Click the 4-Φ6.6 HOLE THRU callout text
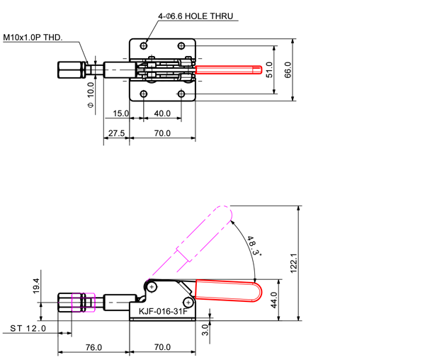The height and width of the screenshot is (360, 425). pyautogui.click(x=196, y=16)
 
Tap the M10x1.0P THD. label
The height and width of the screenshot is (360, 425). pyautogui.click(x=32, y=36)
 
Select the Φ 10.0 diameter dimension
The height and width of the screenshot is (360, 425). pyautogui.click(x=91, y=95)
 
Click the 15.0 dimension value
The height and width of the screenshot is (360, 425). pyautogui.click(x=120, y=113)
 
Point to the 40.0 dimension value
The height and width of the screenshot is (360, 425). pyautogui.click(x=162, y=113)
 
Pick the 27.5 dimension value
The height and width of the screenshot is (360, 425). pyautogui.click(x=117, y=133)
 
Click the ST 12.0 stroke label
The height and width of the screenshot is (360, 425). pyautogui.click(x=29, y=328)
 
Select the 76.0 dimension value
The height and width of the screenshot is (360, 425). pyautogui.click(x=93, y=347)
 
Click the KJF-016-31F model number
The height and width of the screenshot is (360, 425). pyautogui.click(x=162, y=312)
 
